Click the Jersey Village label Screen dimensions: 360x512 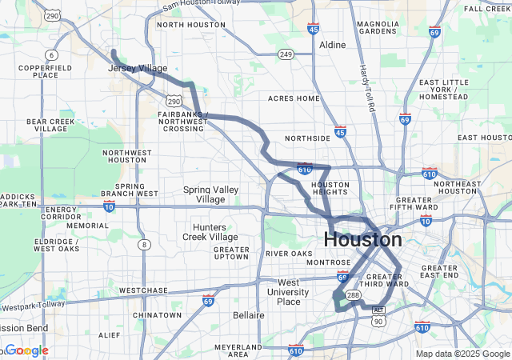tap(138, 69)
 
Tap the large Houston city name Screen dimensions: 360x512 tap(362, 239)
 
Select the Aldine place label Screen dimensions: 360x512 tap(332, 46)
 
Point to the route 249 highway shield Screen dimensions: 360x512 tap(286, 54)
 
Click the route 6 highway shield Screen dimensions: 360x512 tap(52, 54)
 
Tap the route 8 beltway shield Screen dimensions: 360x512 tap(143, 244)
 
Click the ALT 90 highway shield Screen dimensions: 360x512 tap(379, 315)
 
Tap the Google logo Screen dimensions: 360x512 tap(26, 350)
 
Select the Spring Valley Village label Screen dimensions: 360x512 tap(210, 194)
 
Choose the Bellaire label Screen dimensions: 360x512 tap(249, 315)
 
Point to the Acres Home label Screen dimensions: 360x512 tap(293, 98)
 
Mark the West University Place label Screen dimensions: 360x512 tap(288, 292)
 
